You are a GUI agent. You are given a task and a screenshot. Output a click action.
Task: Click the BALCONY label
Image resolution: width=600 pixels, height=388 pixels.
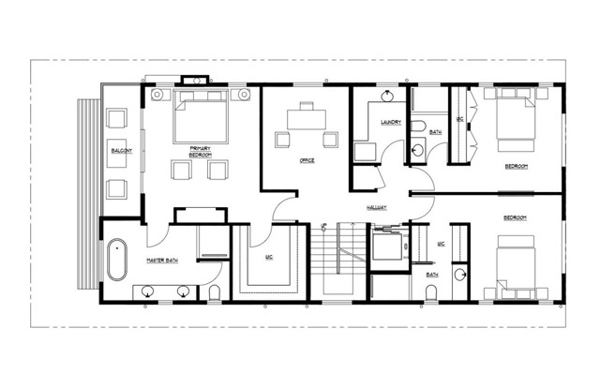pos(121,151)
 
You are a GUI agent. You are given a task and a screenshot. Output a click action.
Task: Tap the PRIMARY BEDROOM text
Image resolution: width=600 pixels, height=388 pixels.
pos(199,151)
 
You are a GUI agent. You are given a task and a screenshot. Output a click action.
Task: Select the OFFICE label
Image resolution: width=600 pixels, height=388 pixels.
pos(306,160)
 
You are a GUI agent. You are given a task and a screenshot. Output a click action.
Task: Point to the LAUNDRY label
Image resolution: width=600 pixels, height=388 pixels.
pos(391,123)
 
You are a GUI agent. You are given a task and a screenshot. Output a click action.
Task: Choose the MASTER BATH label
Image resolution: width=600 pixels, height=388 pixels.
pos(163,260)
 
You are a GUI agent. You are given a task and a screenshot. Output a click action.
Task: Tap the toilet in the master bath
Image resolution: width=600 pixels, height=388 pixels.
pos(215,294)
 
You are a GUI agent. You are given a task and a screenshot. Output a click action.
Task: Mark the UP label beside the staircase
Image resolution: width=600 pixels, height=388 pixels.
pos(323,227)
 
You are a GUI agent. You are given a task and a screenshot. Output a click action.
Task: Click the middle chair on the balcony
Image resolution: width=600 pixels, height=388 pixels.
pos(117,153)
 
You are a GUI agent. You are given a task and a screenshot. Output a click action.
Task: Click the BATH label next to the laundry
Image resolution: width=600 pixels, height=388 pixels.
pos(436,132)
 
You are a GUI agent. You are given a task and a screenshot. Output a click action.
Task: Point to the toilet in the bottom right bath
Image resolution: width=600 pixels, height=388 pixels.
pos(430,293)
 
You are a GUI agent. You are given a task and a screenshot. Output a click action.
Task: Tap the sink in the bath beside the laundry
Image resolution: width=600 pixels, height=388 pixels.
pos(418,149)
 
